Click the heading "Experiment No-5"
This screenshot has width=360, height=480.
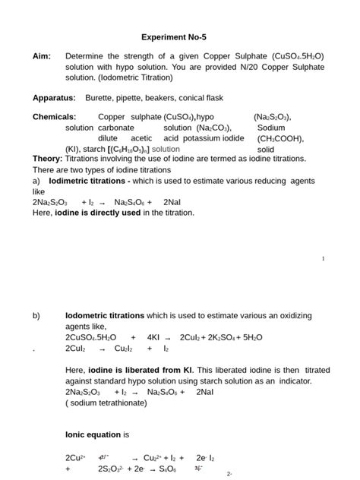179,36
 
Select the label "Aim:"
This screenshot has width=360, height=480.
42,57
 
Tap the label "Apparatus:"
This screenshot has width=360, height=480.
54,98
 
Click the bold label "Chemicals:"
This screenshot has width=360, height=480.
54,117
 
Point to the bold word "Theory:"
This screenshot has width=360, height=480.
47,159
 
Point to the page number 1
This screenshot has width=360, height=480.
324,259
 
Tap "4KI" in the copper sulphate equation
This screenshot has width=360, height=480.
153,336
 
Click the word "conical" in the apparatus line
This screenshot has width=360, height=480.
202,98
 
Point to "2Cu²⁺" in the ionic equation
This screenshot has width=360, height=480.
76,458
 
